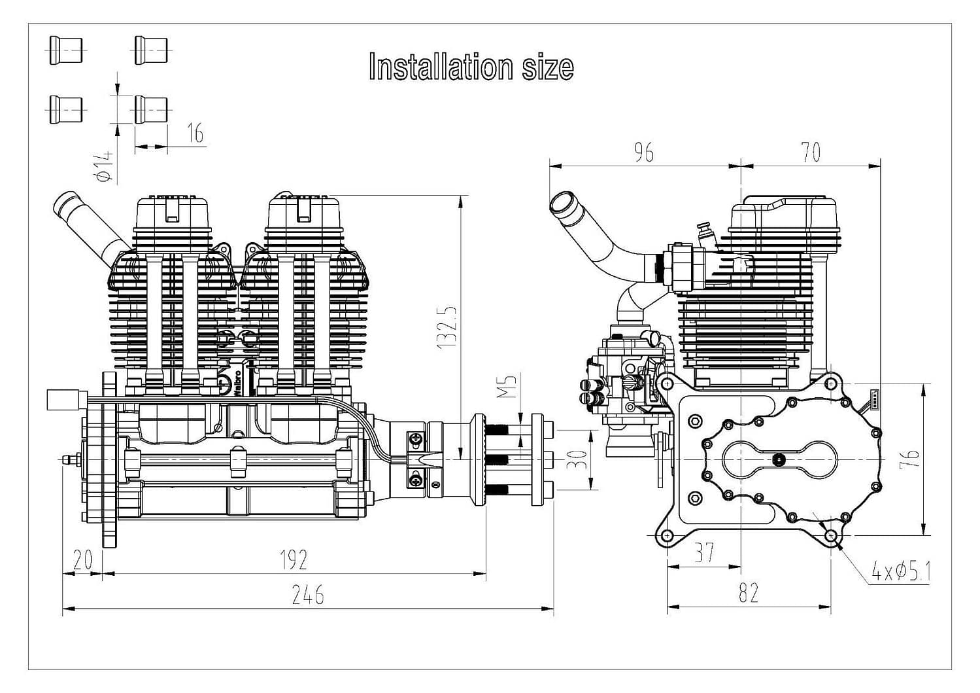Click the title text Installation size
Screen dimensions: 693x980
pyautogui.click(x=471, y=67)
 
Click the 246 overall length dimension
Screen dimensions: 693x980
pyautogui.click(x=307, y=595)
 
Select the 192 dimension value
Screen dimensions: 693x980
pyautogui.click(x=294, y=560)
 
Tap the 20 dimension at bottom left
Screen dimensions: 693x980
pyautogui.click(x=83, y=560)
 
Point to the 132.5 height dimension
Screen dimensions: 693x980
pyautogui.click(x=447, y=327)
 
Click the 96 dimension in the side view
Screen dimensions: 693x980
pyautogui.click(x=643, y=152)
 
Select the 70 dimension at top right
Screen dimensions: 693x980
pyautogui.click(x=810, y=152)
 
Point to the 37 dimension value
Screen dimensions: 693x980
pyautogui.click(x=703, y=553)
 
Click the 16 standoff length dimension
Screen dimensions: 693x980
pyautogui.click(x=195, y=133)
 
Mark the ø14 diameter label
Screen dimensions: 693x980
pyautogui.click(x=103, y=166)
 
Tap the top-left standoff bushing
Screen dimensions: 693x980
pyautogui.click(x=66, y=50)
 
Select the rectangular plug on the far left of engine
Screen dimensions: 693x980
pyautogui.click(x=66, y=400)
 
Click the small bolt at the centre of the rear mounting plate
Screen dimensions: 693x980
pyautogui.click(x=779, y=459)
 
